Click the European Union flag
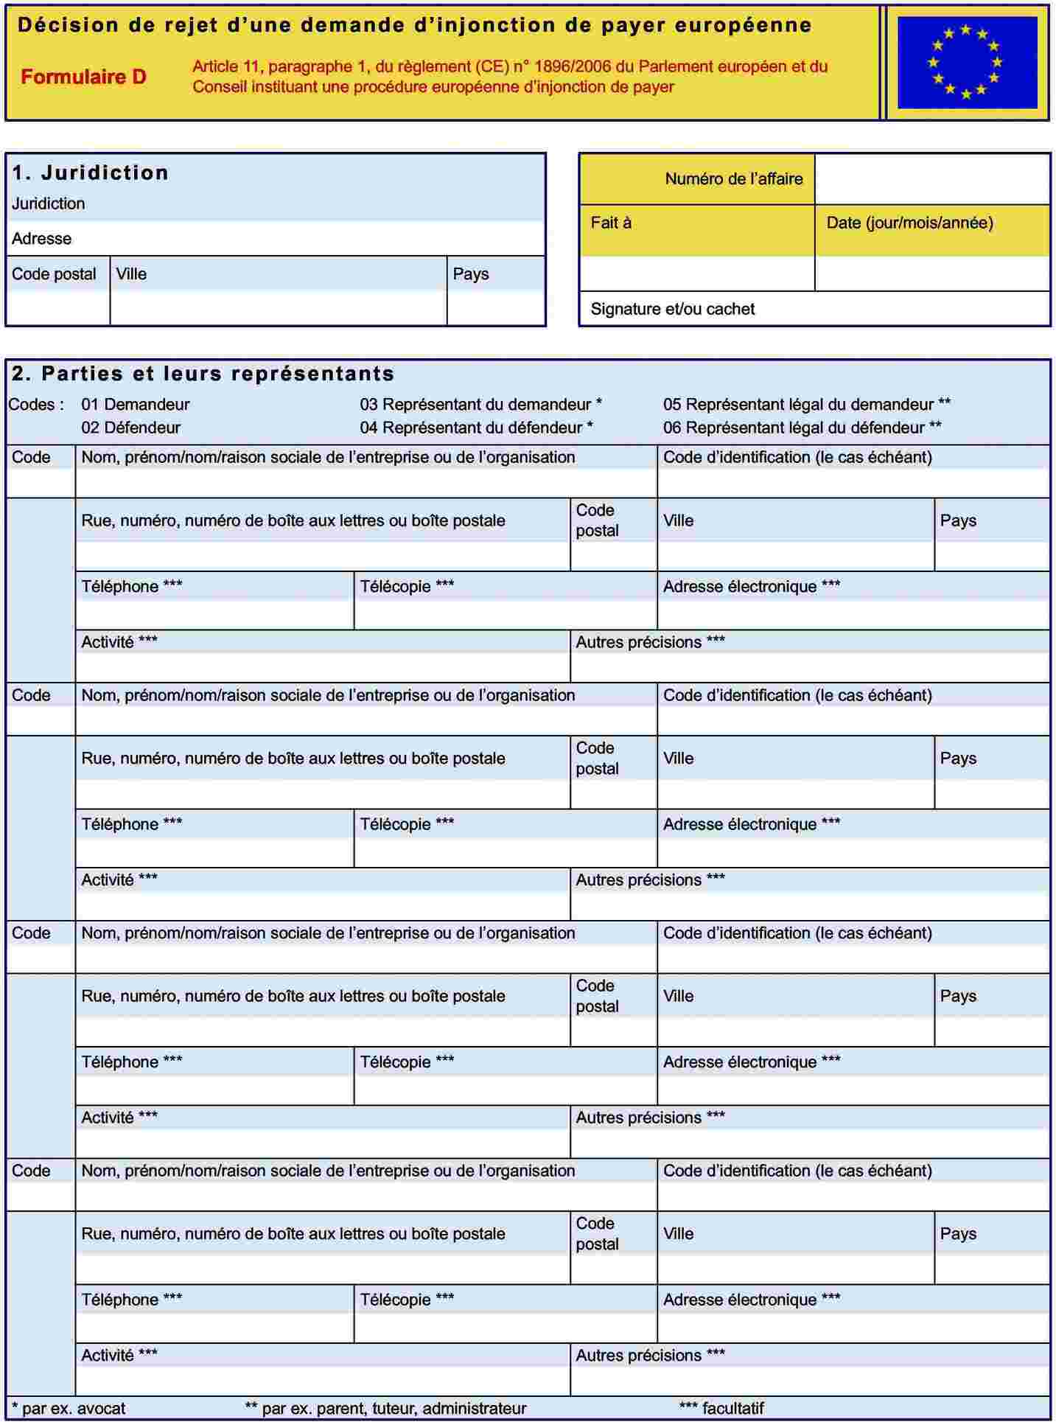click(x=967, y=62)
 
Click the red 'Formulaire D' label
click(x=83, y=77)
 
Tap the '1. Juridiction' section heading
click(x=90, y=172)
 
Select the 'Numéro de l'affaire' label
click(x=733, y=178)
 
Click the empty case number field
click(x=932, y=178)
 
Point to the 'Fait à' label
click(x=611, y=223)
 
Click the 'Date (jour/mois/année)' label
click(x=909, y=223)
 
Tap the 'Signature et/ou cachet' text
click(x=672, y=309)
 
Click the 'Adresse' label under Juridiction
click(x=41, y=238)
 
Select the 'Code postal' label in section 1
click(x=54, y=273)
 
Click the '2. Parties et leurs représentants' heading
click(x=203, y=374)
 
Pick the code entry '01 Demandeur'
click(x=135, y=404)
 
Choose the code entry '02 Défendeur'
click(x=130, y=428)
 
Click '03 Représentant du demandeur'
click(x=480, y=404)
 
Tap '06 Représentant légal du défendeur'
click(x=802, y=428)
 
